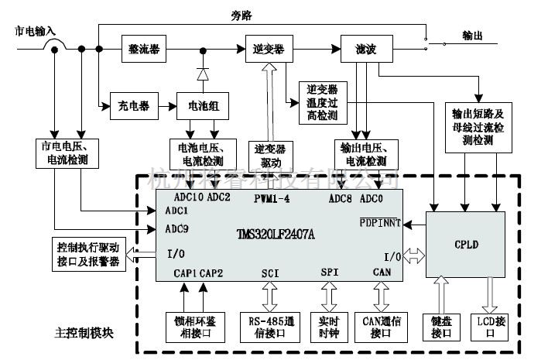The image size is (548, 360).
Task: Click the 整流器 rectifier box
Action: [x=143, y=48]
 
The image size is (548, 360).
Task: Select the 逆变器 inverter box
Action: [x=268, y=48]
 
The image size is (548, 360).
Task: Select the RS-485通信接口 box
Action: [x=269, y=327]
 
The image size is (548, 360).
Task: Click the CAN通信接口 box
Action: [x=382, y=327]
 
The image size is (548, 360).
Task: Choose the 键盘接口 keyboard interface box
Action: [x=440, y=327]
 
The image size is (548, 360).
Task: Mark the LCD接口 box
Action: [x=491, y=327]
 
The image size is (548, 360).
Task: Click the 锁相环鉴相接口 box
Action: [x=194, y=327]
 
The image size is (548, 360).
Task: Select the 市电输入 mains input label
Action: [x=36, y=31]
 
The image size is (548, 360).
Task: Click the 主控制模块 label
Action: [x=85, y=334]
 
